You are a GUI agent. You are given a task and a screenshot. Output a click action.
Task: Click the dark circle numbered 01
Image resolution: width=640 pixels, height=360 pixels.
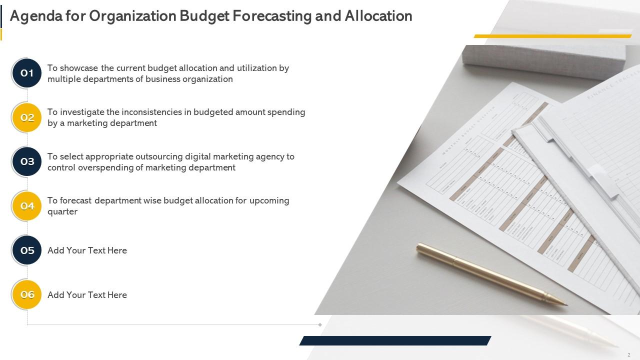[27, 73]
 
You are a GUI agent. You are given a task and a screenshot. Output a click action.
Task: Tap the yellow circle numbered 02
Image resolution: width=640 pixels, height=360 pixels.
[27, 117]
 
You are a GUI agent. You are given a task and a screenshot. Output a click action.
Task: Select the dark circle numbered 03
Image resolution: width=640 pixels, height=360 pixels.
[27, 161]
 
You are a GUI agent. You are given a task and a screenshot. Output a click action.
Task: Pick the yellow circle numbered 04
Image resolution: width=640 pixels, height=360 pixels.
[27, 206]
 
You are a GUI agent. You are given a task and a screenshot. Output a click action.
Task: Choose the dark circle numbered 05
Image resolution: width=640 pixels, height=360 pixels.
[27, 250]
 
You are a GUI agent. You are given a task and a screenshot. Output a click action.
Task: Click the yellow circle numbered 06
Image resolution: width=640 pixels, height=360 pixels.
[27, 294]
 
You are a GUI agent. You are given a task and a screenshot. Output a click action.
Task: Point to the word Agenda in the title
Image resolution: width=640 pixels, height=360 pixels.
[36, 16]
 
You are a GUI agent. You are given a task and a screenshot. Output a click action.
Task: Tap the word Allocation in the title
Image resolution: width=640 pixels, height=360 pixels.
[378, 16]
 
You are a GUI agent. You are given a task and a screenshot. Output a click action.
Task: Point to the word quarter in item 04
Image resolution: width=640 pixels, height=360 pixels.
[62, 211]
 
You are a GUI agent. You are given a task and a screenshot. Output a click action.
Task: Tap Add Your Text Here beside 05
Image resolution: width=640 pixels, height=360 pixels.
[87, 250]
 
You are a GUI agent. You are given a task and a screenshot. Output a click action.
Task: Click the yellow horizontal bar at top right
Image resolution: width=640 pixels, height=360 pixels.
[552, 36]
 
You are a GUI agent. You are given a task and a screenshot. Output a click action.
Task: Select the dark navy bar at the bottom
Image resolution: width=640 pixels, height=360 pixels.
[395, 340]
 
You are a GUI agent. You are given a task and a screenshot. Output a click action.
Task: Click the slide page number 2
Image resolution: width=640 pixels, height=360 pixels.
[628, 354]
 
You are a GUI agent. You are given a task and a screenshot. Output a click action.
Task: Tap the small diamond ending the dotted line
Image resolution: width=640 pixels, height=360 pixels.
[320, 325]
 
